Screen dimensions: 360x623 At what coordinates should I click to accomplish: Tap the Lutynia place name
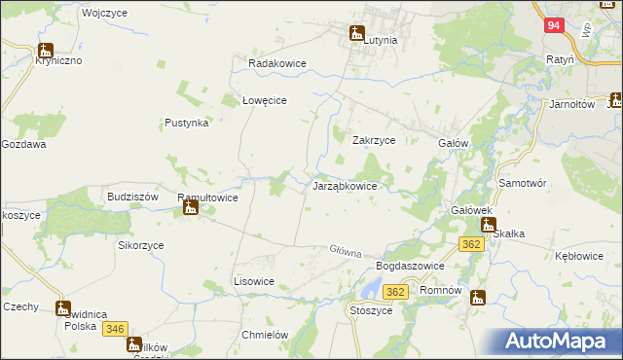(380, 41)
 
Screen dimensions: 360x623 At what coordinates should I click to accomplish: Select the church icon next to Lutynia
(356, 33)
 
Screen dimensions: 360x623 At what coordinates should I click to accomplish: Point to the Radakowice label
(277, 63)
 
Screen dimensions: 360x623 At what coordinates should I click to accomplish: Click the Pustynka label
(187, 124)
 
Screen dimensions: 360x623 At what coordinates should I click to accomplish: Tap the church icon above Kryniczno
(45, 50)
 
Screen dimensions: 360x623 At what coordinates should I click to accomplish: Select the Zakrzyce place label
(373, 140)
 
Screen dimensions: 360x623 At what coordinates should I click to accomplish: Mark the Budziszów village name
(133, 196)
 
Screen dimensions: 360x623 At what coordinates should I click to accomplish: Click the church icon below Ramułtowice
(191, 207)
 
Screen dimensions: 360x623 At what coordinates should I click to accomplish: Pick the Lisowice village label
(253, 280)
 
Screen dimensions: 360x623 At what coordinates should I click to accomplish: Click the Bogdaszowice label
(410, 266)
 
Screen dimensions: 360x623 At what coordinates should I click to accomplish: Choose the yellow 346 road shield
(115, 329)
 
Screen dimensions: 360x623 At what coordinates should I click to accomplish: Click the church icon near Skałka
(488, 225)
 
